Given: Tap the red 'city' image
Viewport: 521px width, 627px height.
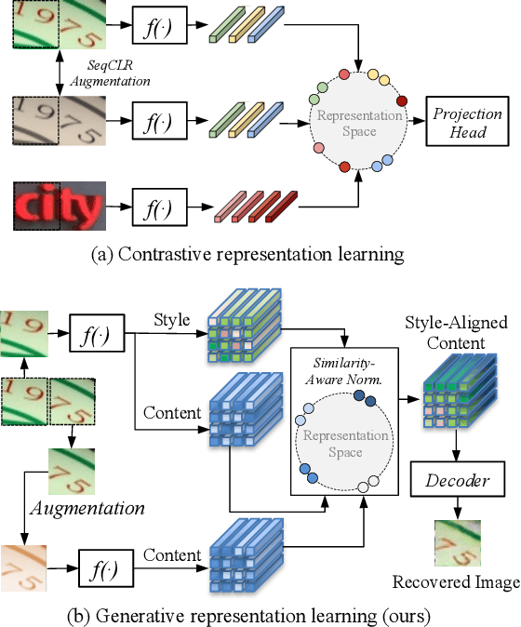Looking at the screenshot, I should coord(58,203).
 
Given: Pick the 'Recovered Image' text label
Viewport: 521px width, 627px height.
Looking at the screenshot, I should coord(455,582).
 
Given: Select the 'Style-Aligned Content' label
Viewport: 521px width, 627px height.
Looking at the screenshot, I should coord(455,333).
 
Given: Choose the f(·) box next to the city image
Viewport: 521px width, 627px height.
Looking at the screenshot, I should coord(151,203).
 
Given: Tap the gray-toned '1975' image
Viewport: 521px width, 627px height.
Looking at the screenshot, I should coord(58,120).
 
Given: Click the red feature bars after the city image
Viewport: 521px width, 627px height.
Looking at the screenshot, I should coord(254,207).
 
